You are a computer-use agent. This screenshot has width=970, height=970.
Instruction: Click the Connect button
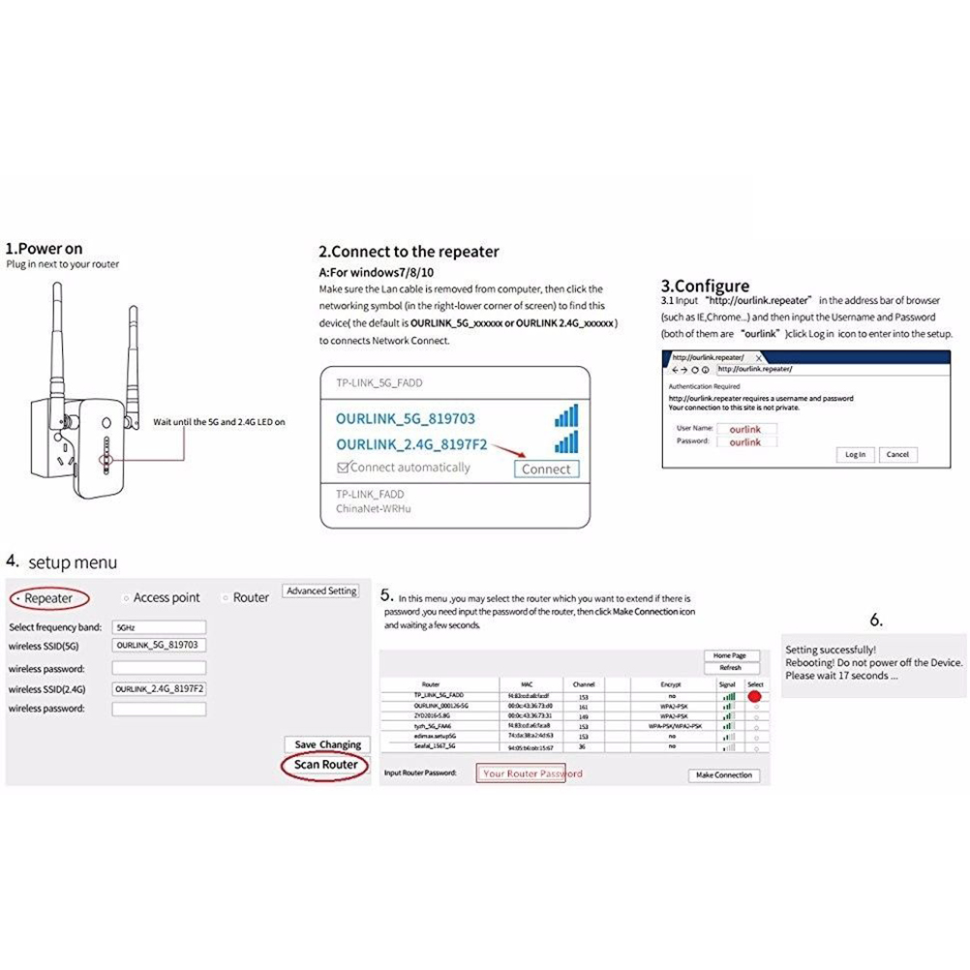546,469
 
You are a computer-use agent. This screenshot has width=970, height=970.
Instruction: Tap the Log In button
855,454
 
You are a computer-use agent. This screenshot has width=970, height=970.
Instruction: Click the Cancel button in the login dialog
897,454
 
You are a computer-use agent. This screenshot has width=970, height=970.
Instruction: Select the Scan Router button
326,765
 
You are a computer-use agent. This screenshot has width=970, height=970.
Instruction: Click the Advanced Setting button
321,591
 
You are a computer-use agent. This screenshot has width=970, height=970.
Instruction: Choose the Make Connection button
725,775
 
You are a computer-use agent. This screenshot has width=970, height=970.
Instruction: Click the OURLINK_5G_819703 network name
406,418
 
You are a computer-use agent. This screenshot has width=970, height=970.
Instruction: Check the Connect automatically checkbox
342,468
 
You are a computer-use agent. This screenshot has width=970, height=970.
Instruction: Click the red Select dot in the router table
754,696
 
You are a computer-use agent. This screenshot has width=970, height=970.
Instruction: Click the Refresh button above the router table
731,668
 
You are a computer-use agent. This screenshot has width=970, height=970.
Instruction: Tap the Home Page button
730,655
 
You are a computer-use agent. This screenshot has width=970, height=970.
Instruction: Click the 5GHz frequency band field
159,627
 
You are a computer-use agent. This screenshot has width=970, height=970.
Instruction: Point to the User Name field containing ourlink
745,429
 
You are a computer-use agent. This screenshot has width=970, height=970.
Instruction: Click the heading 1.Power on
45,249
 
